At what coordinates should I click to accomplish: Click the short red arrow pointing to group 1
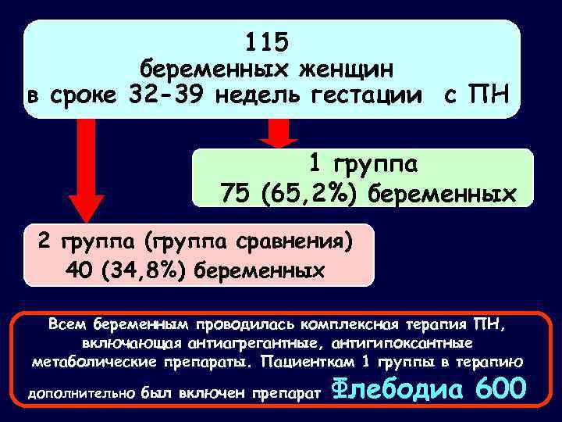(273, 133)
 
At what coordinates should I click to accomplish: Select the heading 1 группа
(363, 165)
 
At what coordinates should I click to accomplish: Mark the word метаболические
(84, 363)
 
